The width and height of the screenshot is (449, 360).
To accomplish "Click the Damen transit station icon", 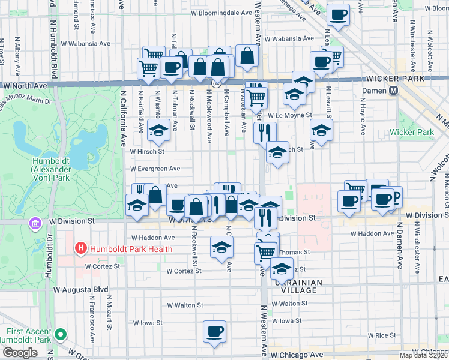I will (394, 90).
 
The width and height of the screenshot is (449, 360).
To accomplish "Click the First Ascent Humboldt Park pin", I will (59, 335).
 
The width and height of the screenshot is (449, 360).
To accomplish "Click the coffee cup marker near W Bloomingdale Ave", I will (338, 15).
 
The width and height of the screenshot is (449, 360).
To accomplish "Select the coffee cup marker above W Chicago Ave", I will (214, 331).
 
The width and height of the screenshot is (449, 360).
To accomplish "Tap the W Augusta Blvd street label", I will (80, 289).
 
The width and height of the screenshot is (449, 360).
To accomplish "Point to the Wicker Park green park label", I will (411, 132).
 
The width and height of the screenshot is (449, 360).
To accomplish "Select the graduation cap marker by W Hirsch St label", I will (158, 130).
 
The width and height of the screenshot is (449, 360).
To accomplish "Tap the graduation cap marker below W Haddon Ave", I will (221, 246).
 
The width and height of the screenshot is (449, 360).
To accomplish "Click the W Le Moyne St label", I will (290, 115).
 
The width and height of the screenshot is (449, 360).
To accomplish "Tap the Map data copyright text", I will (423, 355).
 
